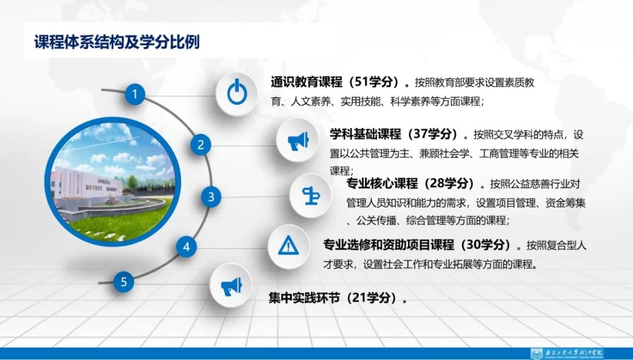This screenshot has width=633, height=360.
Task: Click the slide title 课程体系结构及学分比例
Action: [117, 43]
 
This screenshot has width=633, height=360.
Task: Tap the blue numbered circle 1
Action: [135, 94]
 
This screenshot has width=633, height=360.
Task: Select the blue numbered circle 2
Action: [200, 145]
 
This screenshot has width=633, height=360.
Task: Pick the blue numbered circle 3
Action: [211, 196]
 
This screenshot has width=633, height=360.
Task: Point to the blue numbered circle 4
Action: [186, 247]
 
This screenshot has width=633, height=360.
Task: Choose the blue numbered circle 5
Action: [124, 281]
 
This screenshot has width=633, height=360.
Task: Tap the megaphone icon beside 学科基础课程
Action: [297, 140]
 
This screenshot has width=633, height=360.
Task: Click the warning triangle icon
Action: [288, 245]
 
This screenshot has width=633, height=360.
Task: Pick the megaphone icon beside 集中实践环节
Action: [230, 286]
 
